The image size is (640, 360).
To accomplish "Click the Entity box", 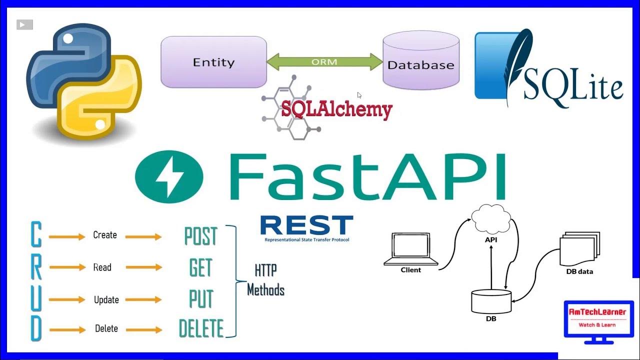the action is coord(213,61).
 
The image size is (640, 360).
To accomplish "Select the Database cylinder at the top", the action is coord(421,60).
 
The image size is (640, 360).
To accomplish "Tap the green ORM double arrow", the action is coord(325,61).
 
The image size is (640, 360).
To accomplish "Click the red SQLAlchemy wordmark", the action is coord(337,109).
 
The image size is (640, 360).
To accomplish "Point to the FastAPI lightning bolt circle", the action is coord(169,176).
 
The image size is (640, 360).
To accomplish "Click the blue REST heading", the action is coord(307,225).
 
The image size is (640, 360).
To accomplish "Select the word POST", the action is coord(201,236).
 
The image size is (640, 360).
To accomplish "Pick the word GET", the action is coord(200,267).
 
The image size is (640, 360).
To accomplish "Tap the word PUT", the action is coord(201,299).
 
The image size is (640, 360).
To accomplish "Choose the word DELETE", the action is coord(201,328).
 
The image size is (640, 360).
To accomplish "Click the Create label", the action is coord(105,235).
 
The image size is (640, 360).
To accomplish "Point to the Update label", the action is coord(106,299).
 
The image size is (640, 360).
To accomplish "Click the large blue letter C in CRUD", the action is coord(36,234).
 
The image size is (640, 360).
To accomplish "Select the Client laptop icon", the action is coord(411,249).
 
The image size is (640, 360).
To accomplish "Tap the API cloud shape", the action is coord(491,219).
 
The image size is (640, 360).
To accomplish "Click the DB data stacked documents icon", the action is coord(579,248).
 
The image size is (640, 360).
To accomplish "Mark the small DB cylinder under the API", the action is coord(491,301).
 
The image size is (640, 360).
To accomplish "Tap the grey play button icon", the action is coord(24,24).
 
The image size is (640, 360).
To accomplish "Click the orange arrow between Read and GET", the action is coord(144,267).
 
